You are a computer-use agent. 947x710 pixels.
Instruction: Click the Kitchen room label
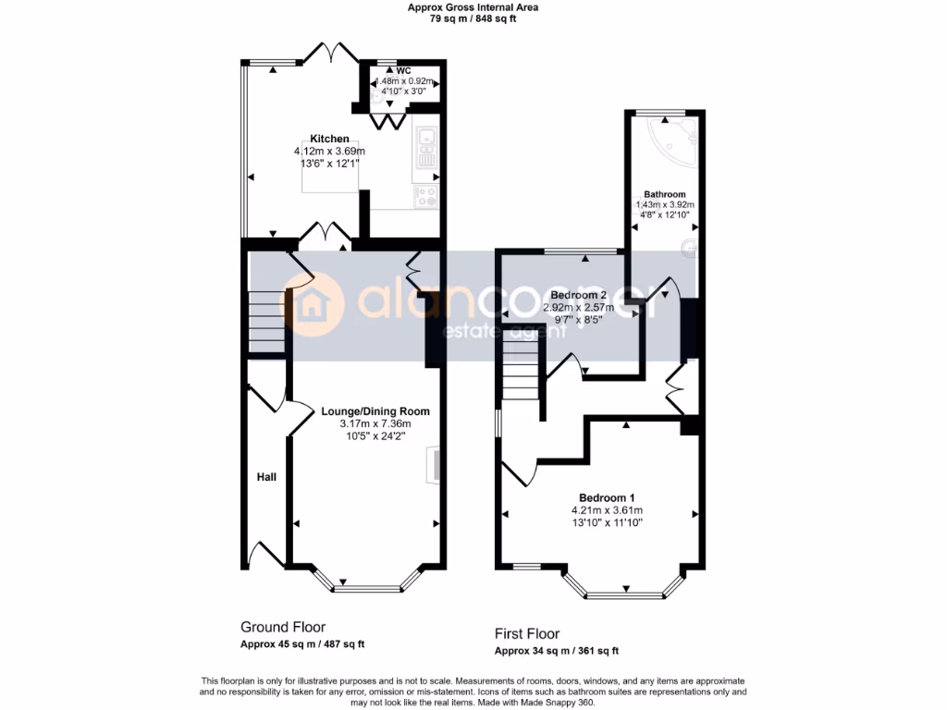[329, 139]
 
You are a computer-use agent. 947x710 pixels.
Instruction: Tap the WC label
[403, 70]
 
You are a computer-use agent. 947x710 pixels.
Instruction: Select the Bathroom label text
[665, 194]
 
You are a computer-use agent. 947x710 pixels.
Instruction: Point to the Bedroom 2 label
[594, 294]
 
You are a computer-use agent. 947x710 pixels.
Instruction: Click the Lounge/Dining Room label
[375, 411]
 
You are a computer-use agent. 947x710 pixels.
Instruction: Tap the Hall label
[266, 477]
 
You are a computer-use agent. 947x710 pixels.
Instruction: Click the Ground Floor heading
[283, 627]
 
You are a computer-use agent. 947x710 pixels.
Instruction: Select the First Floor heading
[527, 634]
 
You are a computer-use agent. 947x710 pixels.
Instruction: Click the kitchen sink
[426, 148]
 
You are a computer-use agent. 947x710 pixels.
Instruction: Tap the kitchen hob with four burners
[426, 196]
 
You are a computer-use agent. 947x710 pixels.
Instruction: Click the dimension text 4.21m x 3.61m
[607, 510]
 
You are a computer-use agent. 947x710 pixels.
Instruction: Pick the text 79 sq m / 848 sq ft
[473, 18]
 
